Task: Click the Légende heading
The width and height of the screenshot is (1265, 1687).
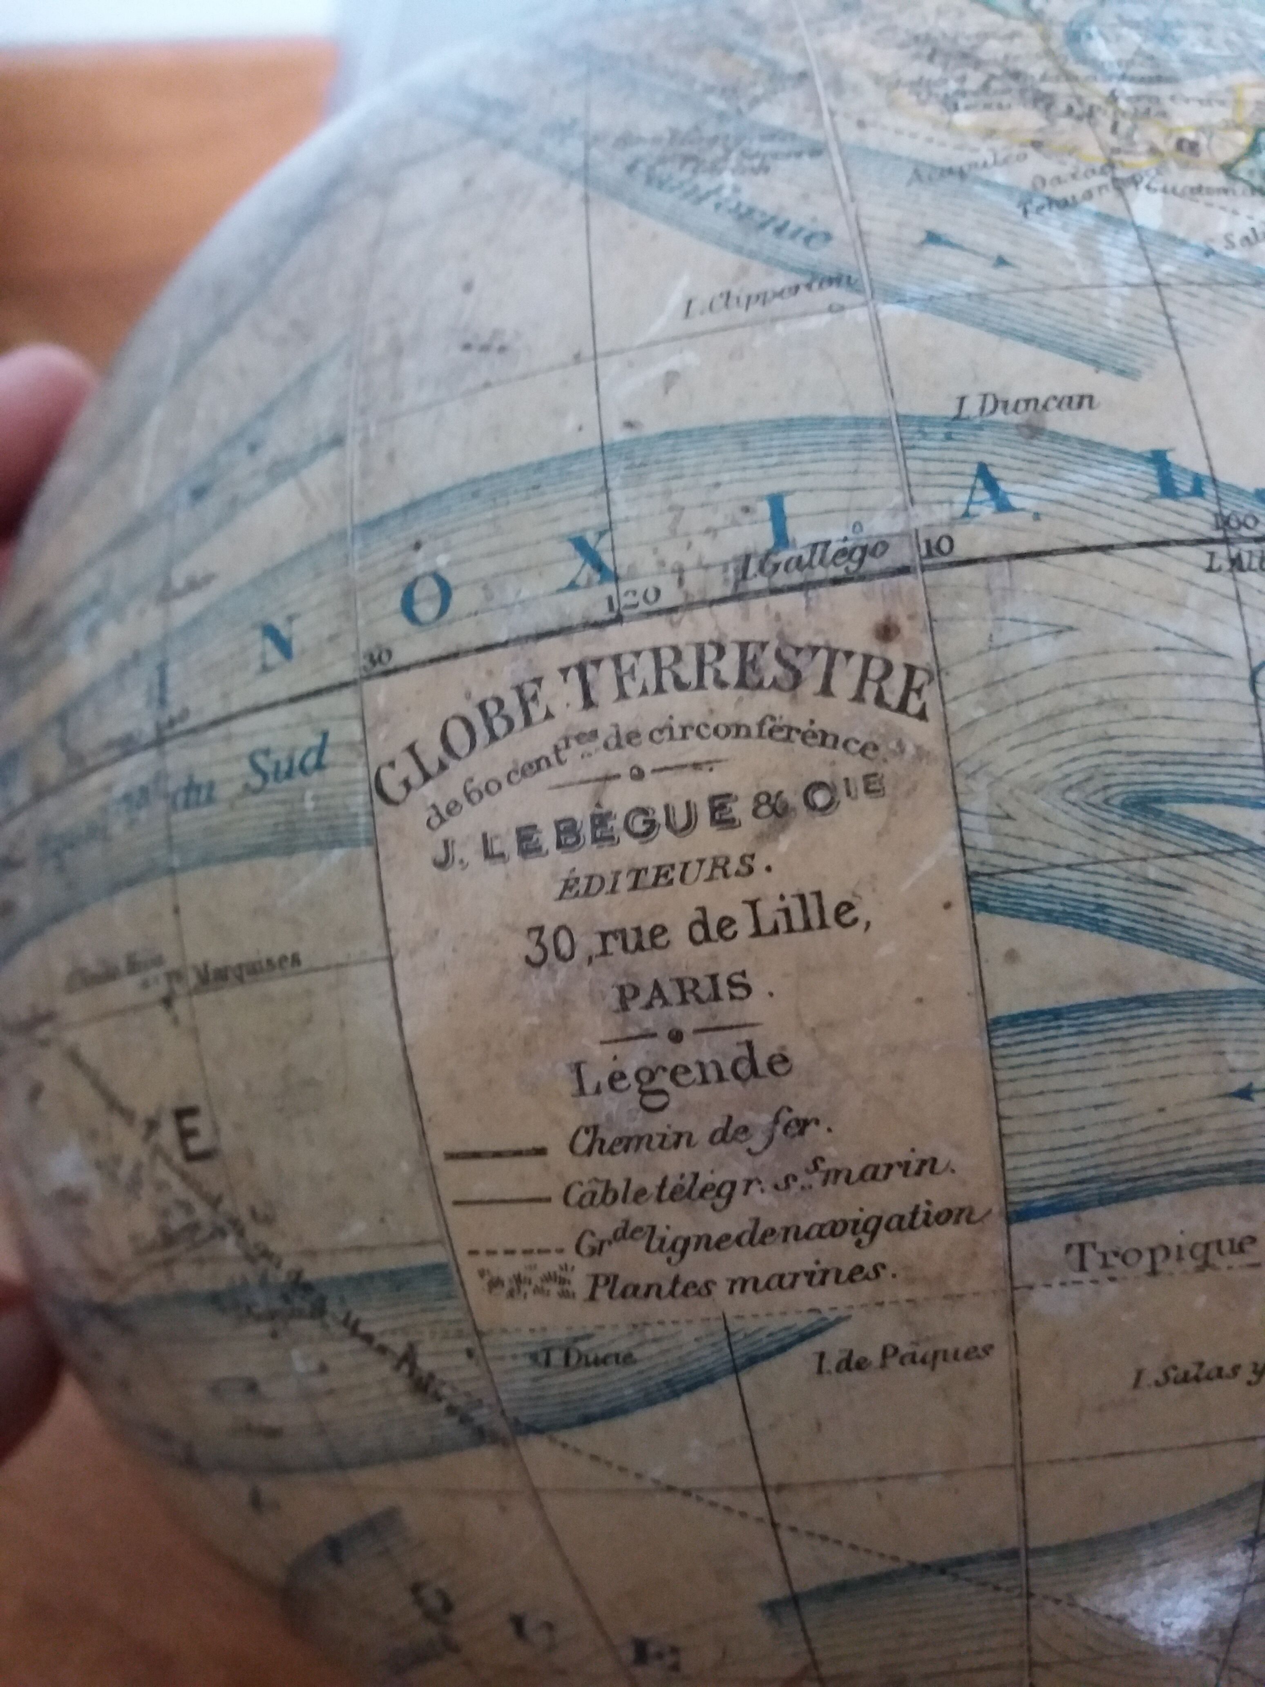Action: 681,1074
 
